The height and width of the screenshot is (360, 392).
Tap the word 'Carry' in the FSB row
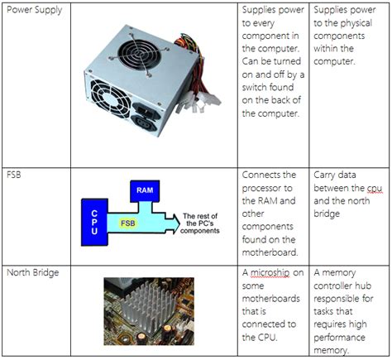pyautogui.click(x=327, y=175)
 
